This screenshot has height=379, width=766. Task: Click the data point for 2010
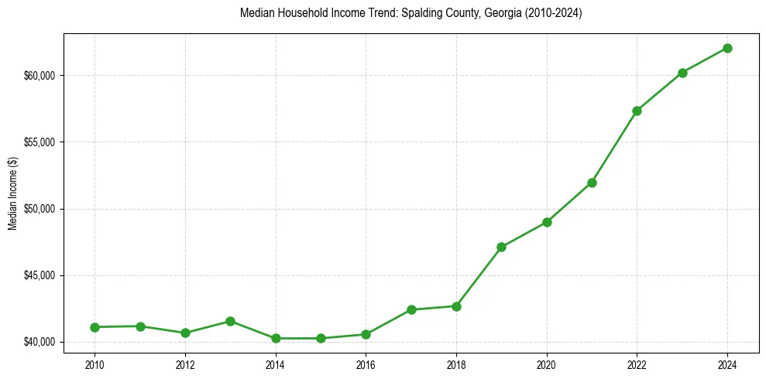click(94, 327)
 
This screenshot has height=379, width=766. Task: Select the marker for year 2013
click(230, 321)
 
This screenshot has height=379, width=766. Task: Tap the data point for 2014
click(276, 338)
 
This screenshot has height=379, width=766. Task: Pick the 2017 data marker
click(411, 309)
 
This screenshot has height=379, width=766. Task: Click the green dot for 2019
click(501, 247)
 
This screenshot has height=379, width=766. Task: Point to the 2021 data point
click(592, 183)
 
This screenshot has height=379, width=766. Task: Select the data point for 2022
click(637, 111)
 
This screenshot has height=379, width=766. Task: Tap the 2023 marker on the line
click(682, 73)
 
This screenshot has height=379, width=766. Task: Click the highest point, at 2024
click(727, 48)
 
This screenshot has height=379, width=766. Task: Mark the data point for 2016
click(366, 334)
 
